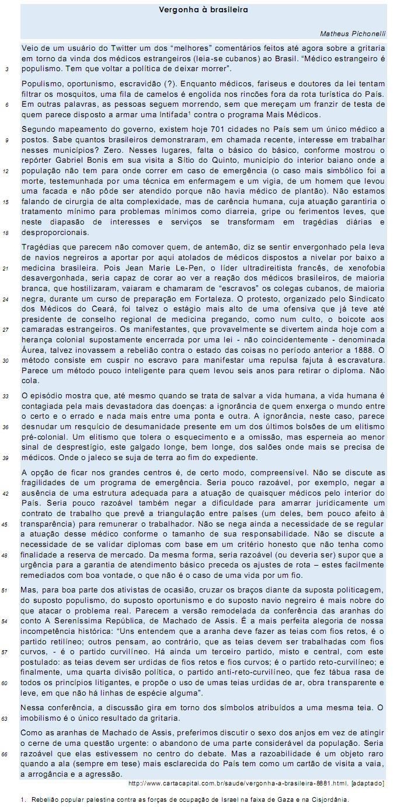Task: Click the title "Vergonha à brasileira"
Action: coord(203,10)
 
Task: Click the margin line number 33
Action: coord(6,396)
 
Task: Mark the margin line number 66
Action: coord(6,754)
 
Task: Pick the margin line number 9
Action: coord(6,141)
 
